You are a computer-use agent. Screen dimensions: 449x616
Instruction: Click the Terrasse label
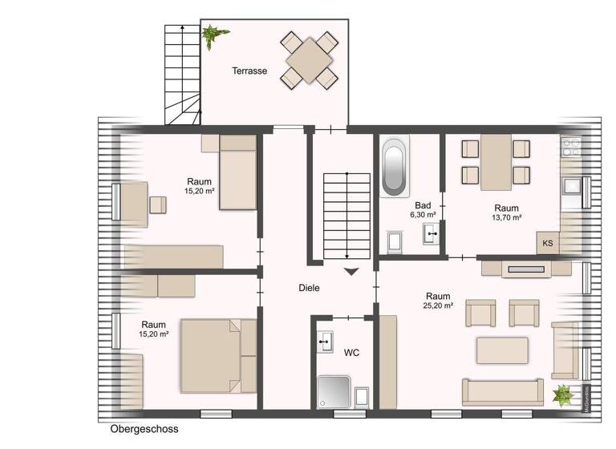pos(249,71)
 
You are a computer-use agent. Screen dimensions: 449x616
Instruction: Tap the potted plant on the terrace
pos(213,35)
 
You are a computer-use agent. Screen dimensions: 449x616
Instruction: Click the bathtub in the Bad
pos(394,167)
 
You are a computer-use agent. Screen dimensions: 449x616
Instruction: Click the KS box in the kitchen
pos(548,243)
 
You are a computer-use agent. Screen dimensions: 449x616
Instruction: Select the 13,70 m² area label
pos(506,217)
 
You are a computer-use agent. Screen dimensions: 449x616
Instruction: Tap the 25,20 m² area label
pos(438,306)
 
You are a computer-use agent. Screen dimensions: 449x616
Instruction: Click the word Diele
pos(310,289)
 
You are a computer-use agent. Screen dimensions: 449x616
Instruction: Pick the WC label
pos(351,352)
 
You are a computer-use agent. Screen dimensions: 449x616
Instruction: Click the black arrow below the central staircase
pos(351,272)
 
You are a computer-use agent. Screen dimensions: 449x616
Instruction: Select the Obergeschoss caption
pos(144,430)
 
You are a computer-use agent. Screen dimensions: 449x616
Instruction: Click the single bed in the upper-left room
pos(237,172)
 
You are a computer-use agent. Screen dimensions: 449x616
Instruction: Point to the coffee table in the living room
pos(502,350)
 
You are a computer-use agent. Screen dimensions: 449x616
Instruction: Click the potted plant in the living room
pos(564,393)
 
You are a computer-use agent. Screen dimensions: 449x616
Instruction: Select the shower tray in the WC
pos(334,392)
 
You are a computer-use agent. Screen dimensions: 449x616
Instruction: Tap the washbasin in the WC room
pos(325,341)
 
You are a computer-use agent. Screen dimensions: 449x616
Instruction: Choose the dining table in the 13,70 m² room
pos(496,160)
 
